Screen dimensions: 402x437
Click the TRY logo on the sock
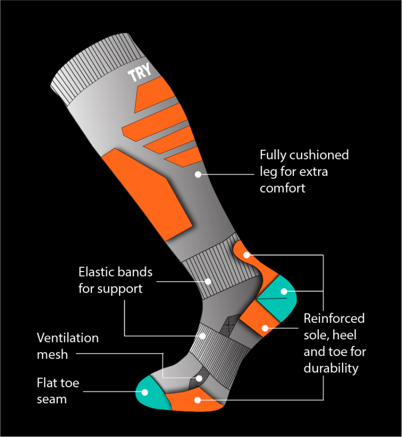click(140, 71)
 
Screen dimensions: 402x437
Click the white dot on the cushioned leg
click(198, 174)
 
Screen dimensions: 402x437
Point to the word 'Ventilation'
click(68, 338)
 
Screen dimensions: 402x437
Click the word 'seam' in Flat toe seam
click(52, 400)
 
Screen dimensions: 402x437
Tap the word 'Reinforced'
click(334, 318)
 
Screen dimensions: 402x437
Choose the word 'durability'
click(331, 369)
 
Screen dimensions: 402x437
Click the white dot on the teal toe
click(145, 392)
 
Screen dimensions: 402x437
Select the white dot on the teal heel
click(284, 292)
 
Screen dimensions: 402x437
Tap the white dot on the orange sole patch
click(197, 400)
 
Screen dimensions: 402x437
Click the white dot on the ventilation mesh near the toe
click(199, 378)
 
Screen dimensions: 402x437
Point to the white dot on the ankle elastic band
click(208, 282)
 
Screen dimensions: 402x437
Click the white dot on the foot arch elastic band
click(203, 336)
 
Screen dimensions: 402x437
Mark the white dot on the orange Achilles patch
click(247, 255)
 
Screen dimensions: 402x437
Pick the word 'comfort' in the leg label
click(282, 189)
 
